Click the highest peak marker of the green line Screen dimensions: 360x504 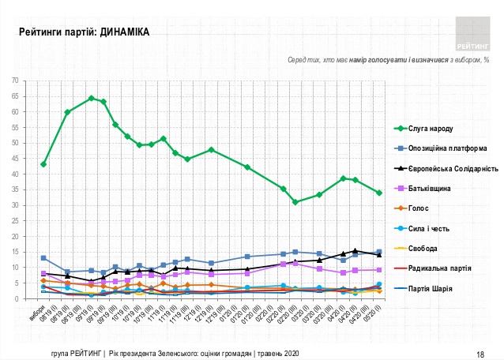click(x=91, y=98)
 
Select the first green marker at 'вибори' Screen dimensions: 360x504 click(x=43, y=164)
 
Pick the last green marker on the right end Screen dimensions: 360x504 click(x=379, y=193)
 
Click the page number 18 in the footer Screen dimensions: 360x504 click(x=480, y=353)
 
